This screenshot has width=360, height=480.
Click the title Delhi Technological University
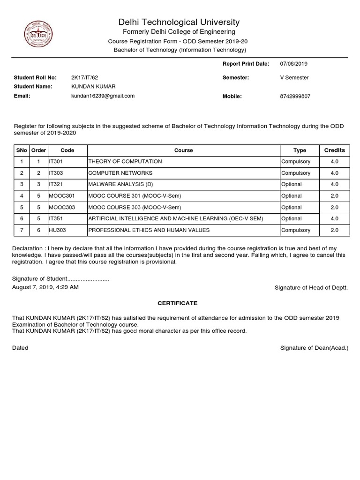point(179,22)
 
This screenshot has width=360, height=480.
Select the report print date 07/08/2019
point(293,64)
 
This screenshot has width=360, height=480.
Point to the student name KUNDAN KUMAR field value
point(93,87)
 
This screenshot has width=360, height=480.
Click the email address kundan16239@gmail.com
point(103,96)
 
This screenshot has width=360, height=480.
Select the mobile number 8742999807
point(295,97)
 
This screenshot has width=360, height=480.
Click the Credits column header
point(334,150)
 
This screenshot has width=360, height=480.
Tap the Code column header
point(67,150)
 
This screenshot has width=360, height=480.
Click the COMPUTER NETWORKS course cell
point(120,173)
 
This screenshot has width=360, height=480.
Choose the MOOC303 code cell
point(61,208)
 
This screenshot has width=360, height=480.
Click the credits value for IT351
point(334,219)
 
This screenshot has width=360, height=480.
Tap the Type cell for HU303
point(295,231)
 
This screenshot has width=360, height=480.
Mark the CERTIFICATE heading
point(177,303)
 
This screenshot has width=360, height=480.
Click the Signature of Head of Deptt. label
point(311,288)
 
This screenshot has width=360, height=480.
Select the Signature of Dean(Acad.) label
point(314,348)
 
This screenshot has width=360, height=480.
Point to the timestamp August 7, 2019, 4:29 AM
point(45,287)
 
